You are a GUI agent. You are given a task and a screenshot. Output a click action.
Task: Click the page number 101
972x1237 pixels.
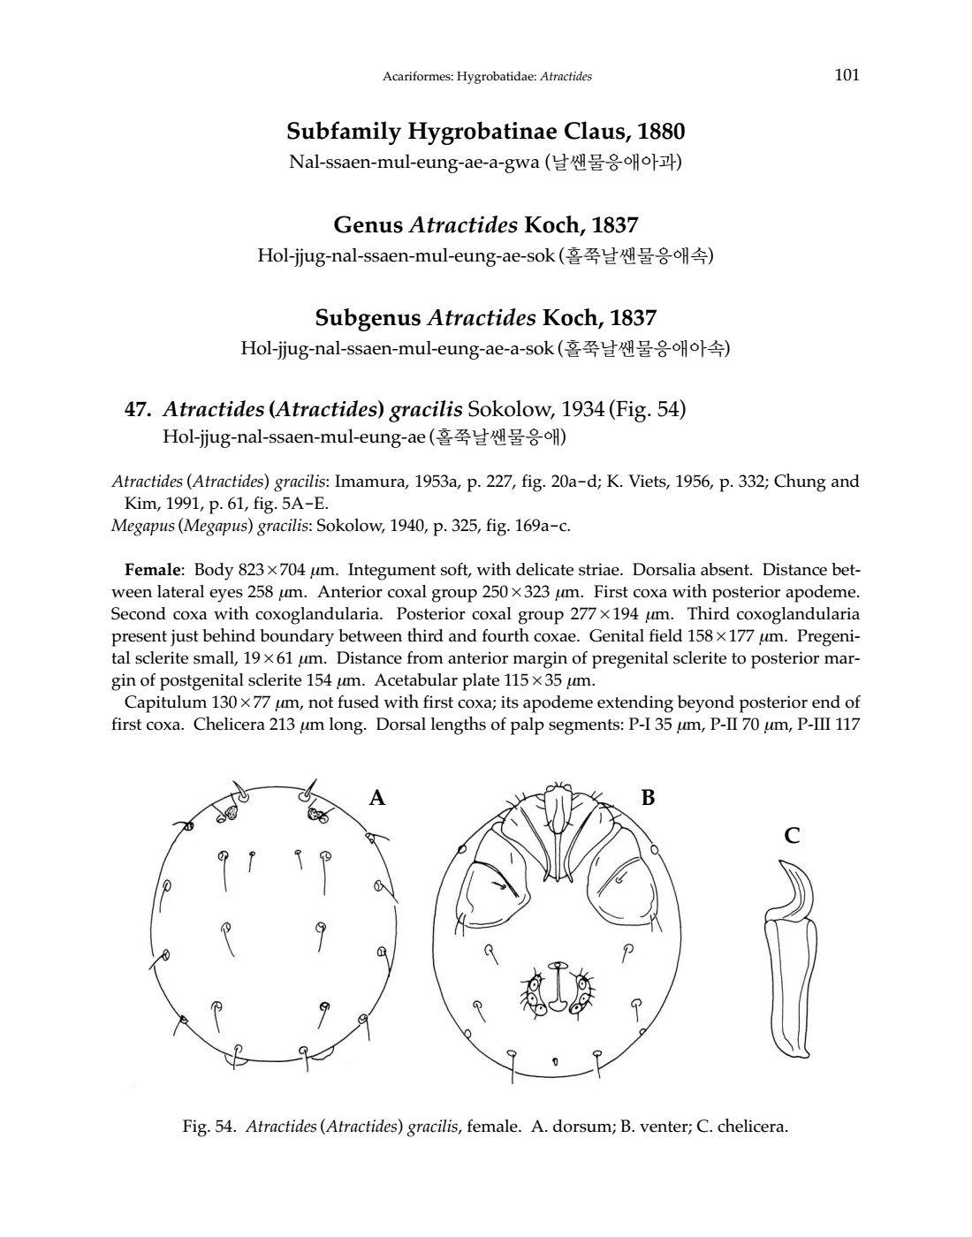[x=847, y=74]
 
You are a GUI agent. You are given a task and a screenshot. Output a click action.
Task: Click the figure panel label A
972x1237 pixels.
[x=377, y=798]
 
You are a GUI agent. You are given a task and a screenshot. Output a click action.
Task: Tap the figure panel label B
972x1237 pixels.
[x=648, y=798]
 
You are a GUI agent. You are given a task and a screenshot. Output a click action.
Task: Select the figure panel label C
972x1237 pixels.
[x=793, y=835]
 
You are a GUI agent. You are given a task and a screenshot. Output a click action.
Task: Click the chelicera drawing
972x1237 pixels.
[x=790, y=981]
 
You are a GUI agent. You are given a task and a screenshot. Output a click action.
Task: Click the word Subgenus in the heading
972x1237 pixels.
[x=368, y=317]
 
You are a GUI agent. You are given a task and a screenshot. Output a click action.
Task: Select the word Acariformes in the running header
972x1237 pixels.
[x=414, y=77]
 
